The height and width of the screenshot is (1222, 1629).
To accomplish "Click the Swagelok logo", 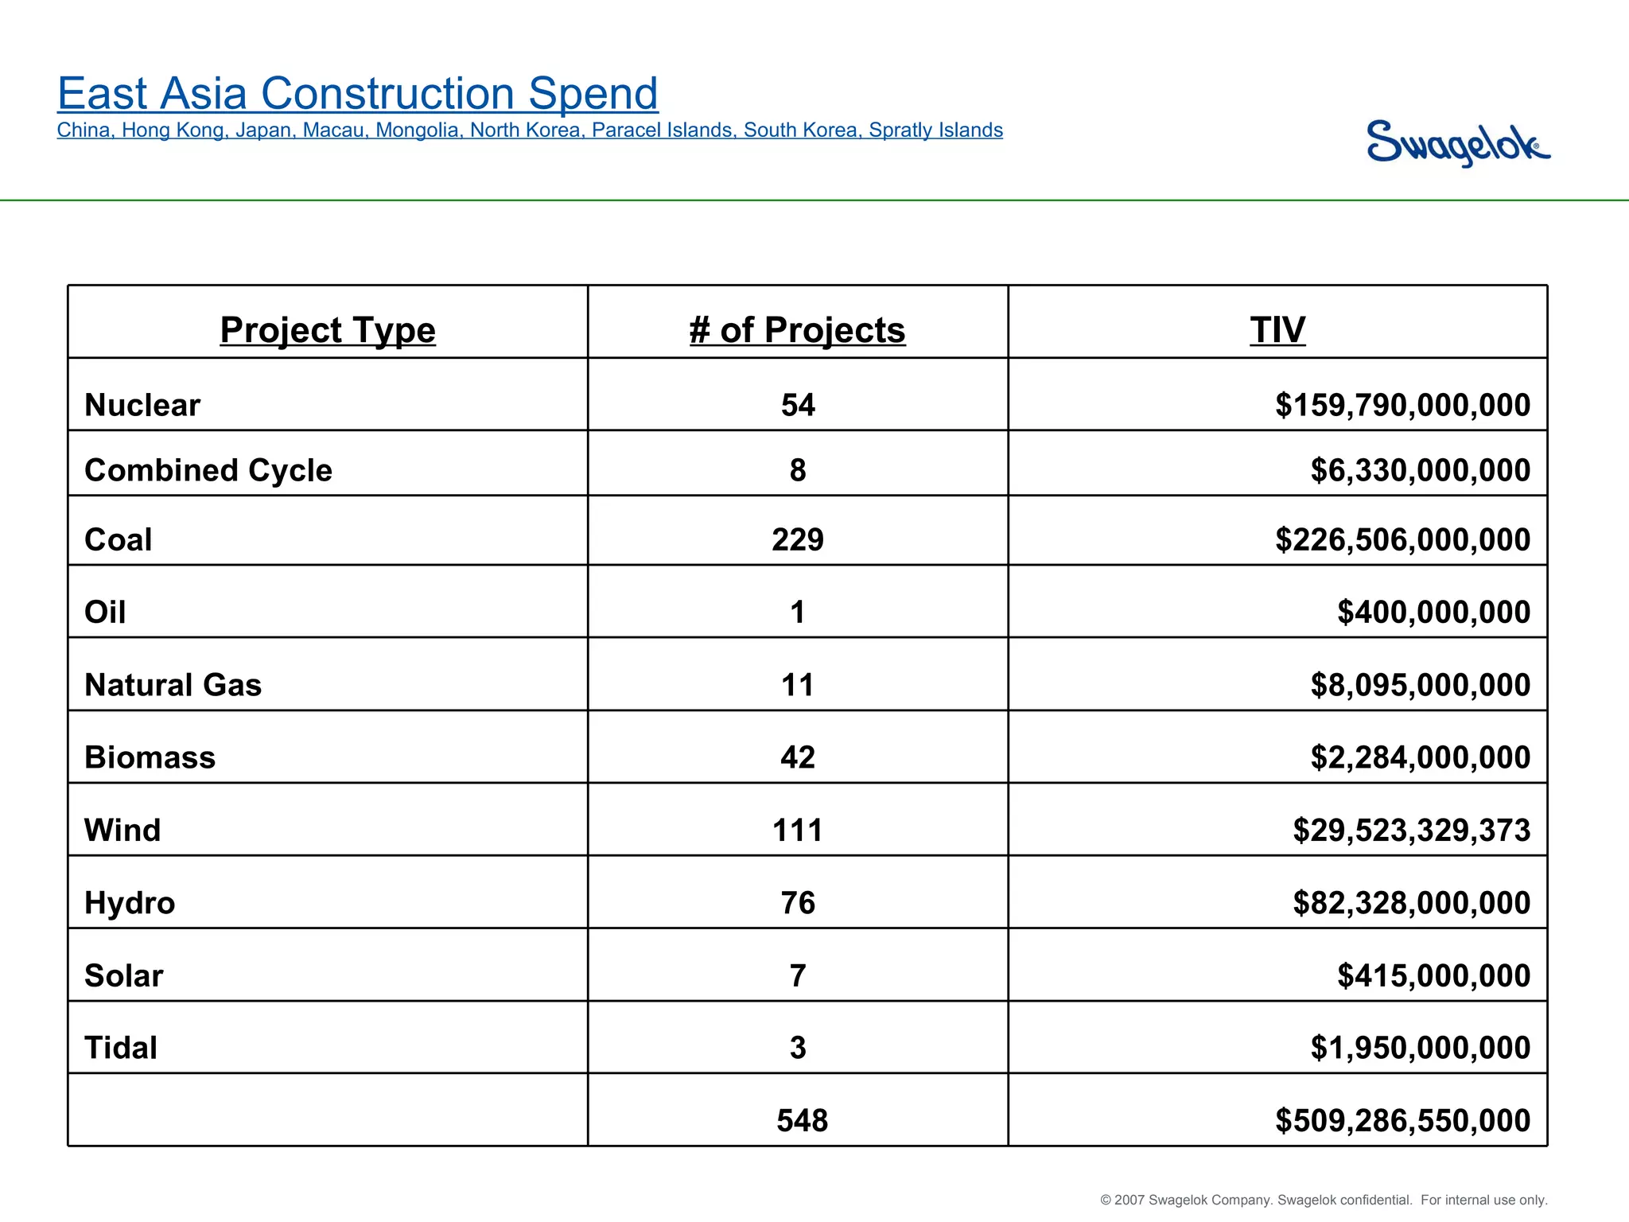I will tap(1457, 143).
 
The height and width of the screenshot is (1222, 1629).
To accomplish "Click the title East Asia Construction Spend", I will tap(358, 93).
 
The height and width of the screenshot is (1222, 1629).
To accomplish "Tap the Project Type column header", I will tap(328, 329).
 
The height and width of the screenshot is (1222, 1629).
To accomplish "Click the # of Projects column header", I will tap(797, 329).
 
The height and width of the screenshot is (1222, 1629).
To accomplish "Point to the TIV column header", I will tap(1277, 329).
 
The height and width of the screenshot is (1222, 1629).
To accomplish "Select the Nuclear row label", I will tap(142, 405).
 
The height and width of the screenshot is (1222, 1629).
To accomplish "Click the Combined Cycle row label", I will tap(208, 470).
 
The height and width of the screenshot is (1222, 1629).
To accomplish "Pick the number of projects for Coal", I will tap(798, 539).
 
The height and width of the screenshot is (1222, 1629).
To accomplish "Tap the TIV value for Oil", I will tap(1433, 612).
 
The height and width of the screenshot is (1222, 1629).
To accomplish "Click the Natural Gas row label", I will tap(173, 685).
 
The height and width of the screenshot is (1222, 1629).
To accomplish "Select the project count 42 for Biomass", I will tap(798, 757).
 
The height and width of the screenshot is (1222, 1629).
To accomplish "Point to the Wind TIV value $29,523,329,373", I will tap(1411, 830).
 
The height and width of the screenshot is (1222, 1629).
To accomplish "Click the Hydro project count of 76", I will tap(798, 903).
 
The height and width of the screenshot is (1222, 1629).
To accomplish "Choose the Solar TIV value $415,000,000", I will tap(1433, 975).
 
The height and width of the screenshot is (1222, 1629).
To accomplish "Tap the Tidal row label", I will tap(121, 1048).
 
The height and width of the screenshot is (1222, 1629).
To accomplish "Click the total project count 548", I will tap(802, 1120).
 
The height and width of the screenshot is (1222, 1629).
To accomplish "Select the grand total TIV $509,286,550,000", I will tap(1402, 1120).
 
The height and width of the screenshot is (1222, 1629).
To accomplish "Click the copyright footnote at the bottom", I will tap(1324, 1200).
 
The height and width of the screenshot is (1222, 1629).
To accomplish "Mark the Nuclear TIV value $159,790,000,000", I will tap(1402, 405).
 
